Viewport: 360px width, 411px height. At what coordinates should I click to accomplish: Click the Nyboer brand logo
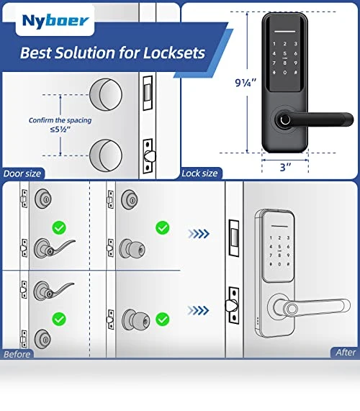coord(55,21)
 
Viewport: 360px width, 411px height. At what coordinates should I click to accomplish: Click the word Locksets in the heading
coord(174,53)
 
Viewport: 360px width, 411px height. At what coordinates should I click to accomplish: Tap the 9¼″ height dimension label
coord(246,83)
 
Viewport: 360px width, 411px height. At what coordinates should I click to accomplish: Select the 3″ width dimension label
coord(285,167)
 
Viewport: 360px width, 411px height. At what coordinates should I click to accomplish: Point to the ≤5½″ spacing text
coord(60,129)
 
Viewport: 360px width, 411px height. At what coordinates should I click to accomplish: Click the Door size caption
coord(22,173)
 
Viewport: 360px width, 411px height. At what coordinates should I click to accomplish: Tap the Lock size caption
coord(199,173)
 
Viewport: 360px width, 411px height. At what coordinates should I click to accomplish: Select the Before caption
coord(17,354)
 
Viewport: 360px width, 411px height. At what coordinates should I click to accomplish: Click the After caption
coord(346,352)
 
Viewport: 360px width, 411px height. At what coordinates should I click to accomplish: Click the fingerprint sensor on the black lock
coord(285,120)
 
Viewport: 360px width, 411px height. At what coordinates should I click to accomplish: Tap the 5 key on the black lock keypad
coord(284,53)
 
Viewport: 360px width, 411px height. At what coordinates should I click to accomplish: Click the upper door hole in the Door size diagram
coord(106,94)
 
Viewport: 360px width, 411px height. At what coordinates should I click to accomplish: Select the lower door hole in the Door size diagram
coord(106,155)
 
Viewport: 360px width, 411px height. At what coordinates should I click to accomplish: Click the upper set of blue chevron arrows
coord(199,233)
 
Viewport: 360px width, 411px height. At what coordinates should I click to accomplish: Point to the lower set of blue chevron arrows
coord(198,310)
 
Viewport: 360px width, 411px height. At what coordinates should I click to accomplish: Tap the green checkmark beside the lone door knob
coord(162,320)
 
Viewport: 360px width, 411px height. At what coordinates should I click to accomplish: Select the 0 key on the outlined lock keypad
coord(279,264)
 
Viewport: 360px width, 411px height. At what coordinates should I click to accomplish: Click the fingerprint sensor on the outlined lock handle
coord(292,309)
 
